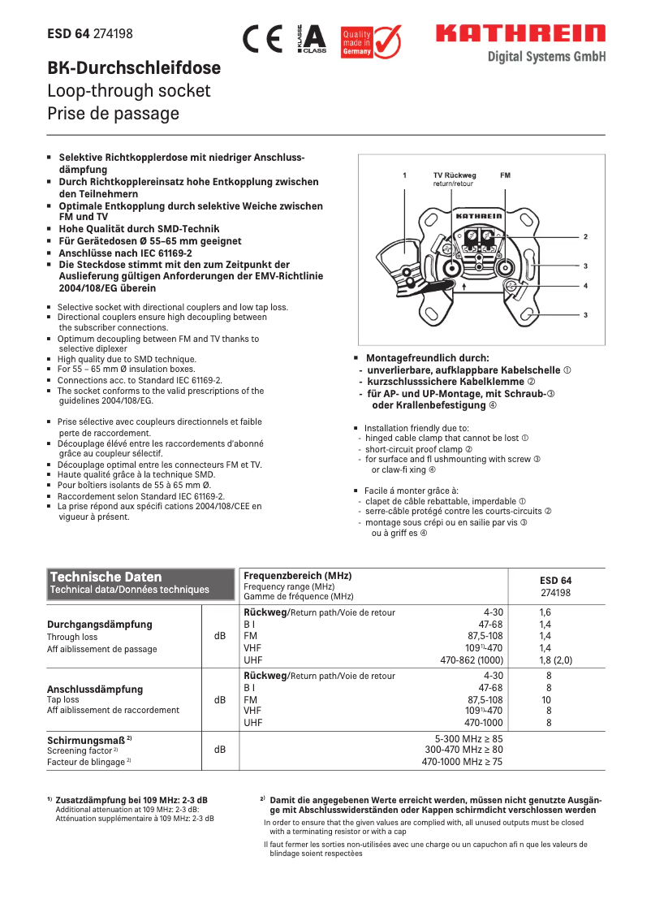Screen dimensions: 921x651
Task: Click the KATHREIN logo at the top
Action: coord(520,34)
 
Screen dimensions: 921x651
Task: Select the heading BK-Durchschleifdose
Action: coord(134,68)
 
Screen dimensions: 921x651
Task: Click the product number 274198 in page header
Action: coord(113,34)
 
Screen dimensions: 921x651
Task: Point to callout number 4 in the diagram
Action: coord(585,286)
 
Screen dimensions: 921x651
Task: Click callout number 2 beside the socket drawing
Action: coord(585,236)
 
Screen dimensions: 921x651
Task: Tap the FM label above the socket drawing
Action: coord(505,175)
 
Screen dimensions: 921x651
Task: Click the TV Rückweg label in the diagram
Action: coord(454,175)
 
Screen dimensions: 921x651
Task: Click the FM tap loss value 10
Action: coord(547,699)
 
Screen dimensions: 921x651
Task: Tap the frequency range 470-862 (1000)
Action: coord(472,660)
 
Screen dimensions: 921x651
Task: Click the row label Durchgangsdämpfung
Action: coord(100,625)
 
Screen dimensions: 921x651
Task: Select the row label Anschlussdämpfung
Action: coord(95,689)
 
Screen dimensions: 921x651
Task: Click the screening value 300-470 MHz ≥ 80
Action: coord(463,750)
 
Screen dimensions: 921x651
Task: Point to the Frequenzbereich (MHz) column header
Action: coord(298,575)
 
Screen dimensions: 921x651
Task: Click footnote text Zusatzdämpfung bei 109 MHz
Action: coord(131,799)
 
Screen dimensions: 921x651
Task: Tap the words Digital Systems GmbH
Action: coord(545,56)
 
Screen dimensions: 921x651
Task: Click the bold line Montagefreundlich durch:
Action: coord(427,357)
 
